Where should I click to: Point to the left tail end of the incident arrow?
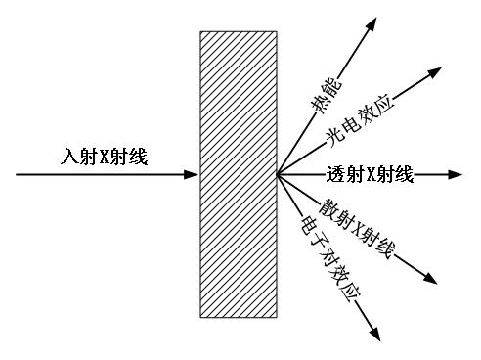(17, 176)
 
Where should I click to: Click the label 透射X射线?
(369, 176)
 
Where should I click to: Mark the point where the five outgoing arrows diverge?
(278, 176)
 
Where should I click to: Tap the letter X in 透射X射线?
(367, 176)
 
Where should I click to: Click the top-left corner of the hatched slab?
(200, 32)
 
